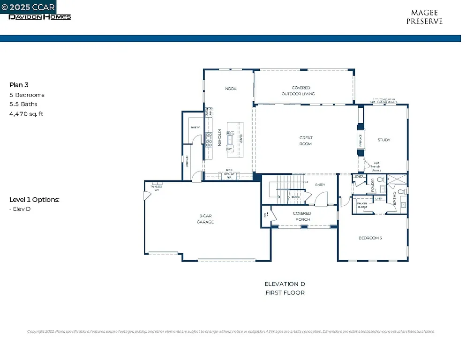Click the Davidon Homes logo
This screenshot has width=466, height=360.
(40, 17)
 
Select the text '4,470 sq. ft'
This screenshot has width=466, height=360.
(26, 114)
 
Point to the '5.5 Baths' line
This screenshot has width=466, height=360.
(23, 104)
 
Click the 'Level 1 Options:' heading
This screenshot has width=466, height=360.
(34, 200)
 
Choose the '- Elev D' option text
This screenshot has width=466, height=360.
(20, 209)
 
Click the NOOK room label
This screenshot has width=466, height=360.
(230, 89)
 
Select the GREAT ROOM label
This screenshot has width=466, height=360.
(306, 141)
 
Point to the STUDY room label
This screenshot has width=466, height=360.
(384, 140)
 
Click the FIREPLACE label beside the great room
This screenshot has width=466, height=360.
(361, 140)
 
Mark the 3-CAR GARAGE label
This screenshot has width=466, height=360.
(205, 219)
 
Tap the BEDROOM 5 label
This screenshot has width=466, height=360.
(370, 238)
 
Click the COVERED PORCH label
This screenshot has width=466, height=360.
(302, 217)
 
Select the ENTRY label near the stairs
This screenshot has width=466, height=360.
(320, 185)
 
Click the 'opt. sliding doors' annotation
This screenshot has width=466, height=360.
(383, 102)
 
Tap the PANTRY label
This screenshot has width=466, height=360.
(195, 127)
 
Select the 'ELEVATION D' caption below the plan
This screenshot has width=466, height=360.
(285, 284)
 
